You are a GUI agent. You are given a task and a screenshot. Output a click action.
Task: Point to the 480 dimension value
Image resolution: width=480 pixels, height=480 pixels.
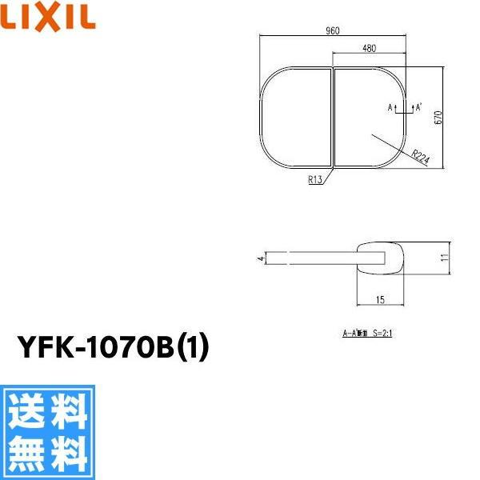pyautogui.click(x=369, y=48)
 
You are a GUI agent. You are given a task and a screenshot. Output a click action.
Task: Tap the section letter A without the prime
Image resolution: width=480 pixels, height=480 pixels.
pyautogui.click(x=390, y=106)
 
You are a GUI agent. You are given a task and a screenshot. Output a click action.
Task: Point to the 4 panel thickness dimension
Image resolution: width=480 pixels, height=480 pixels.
pyautogui.click(x=260, y=258)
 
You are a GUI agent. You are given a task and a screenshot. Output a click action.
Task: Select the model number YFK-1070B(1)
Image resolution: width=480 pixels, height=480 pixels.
pyautogui.click(x=112, y=349)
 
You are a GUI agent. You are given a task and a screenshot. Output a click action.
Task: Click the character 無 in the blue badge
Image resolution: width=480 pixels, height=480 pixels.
pyautogui.click(x=25, y=454)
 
